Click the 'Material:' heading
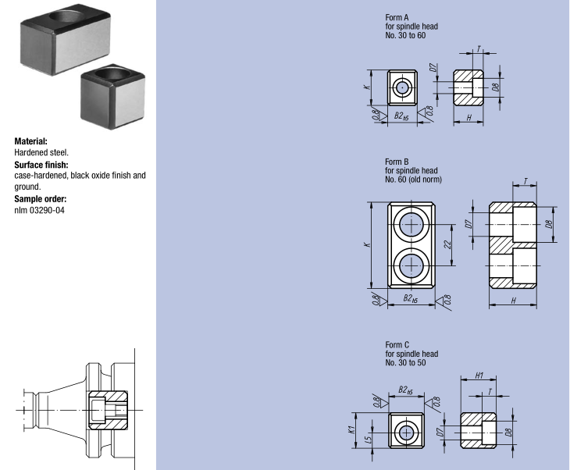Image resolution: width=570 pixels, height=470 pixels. pyautogui.click(x=36, y=141)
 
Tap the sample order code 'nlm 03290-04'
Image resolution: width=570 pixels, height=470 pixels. pyautogui.click(x=40, y=210)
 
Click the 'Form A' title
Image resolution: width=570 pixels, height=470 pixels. pyautogui.click(x=397, y=16)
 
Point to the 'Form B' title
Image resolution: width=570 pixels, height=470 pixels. pyautogui.click(x=397, y=162)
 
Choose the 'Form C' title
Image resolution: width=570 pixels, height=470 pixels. pyautogui.click(x=397, y=344)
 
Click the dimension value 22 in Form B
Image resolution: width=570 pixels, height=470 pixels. pyautogui.click(x=447, y=244)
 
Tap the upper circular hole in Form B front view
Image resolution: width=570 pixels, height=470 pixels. pyautogui.click(x=411, y=226)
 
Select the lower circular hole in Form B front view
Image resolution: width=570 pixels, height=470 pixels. pyautogui.click(x=411, y=266)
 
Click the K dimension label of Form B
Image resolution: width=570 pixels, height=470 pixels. pyautogui.click(x=366, y=245)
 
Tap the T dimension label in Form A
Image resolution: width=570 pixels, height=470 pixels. pyautogui.click(x=479, y=48)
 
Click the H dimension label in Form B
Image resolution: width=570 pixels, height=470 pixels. pyautogui.click(x=513, y=301)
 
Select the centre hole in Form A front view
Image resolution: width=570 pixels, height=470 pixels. pyautogui.click(x=401, y=87)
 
